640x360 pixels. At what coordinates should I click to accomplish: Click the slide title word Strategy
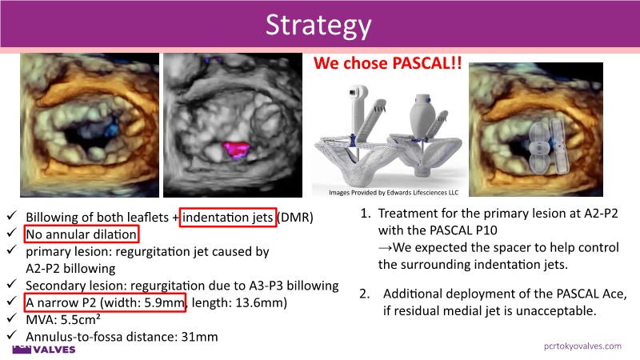click(318, 26)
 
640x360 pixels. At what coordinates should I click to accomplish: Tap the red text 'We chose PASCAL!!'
click(387, 63)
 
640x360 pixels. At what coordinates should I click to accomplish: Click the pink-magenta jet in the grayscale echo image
click(236, 149)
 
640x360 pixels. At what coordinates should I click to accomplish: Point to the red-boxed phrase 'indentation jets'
click(227, 217)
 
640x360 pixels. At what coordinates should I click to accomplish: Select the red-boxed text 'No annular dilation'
click(82, 234)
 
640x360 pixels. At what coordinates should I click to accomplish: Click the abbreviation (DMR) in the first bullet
click(295, 217)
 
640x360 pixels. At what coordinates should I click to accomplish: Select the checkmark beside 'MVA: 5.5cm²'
click(11, 318)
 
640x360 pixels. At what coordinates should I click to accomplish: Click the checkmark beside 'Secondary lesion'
click(11, 284)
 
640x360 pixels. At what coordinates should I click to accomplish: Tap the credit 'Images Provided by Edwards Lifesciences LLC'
click(394, 193)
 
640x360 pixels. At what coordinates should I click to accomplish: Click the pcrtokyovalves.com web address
click(582, 346)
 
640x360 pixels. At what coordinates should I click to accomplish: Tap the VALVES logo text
click(54, 350)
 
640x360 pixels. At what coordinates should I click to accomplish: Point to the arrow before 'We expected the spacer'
click(385, 248)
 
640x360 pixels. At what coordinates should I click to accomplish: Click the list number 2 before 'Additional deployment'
click(364, 294)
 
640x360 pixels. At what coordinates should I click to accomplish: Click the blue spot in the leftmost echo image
click(110, 129)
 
